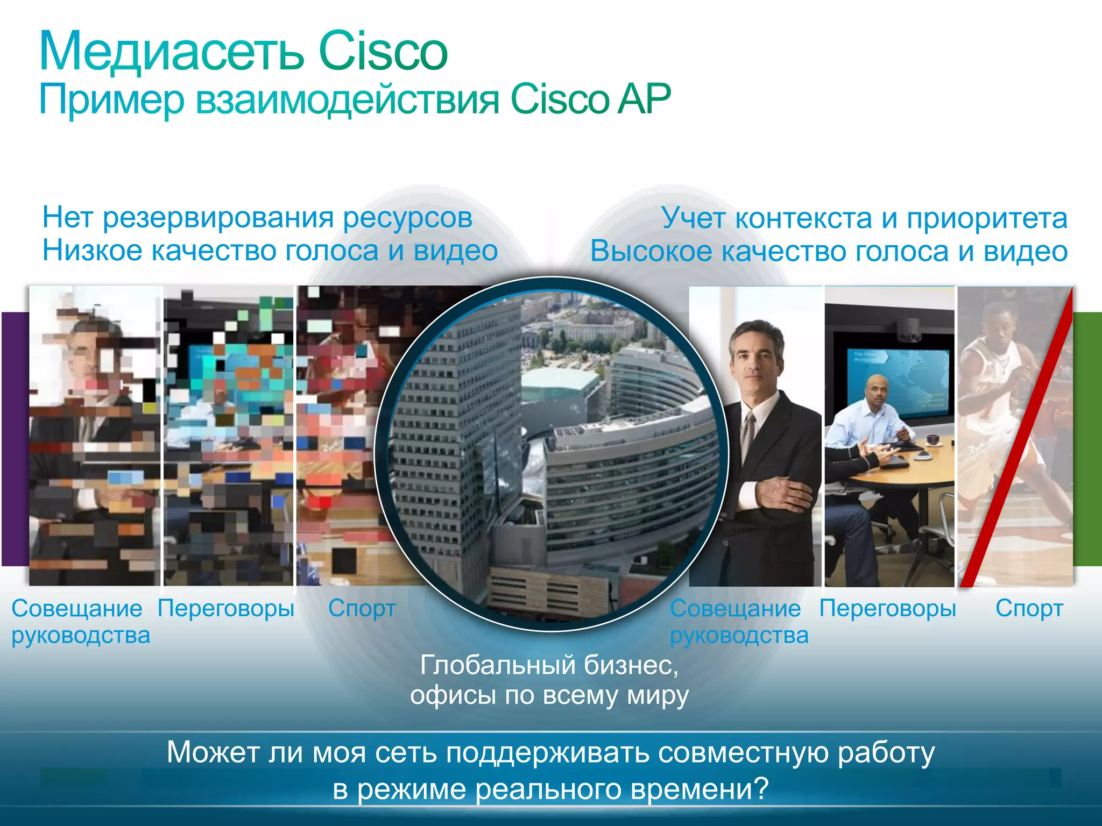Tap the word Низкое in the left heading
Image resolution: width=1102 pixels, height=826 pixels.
pos(92,251)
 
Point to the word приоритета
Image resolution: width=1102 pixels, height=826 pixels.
pos(987,218)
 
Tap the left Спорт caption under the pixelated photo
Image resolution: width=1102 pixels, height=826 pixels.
pos(362,608)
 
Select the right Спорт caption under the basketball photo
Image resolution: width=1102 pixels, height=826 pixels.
pos(1029,608)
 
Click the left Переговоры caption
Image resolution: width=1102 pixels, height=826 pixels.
pos(226,608)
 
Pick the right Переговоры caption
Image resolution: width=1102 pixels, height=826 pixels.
pos(888,608)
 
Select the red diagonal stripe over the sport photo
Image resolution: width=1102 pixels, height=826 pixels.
pos(1017,436)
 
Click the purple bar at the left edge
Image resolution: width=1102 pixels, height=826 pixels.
pos(15,438)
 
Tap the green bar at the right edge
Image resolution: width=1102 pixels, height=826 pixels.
pos(1087,438)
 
